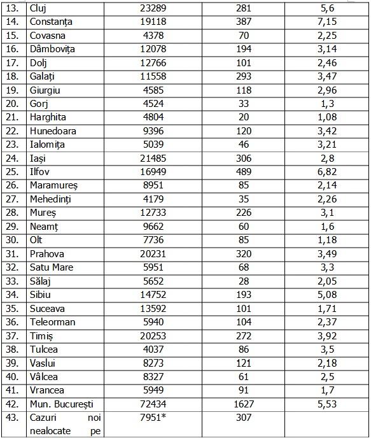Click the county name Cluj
point(39,8)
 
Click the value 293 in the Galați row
point(243,76)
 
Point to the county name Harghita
point(48,117)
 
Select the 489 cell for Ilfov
point(243,172)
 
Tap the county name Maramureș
point(53,185)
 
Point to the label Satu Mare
point(52,267)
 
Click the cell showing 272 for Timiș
point(243,336)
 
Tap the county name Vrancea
point(47,390)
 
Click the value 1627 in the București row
point(243,404)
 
